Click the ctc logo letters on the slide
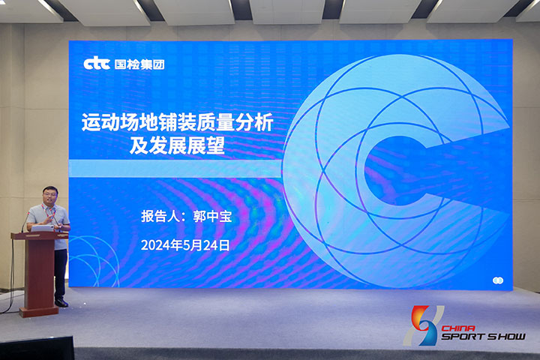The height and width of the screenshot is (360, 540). click(97, 64)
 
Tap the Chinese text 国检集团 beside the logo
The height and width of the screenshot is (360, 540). click(139, 64)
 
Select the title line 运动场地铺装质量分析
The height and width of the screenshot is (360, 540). click(177, 122)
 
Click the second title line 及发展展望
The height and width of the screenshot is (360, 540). click(177, 145)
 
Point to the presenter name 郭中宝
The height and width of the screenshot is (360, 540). click(212, 217)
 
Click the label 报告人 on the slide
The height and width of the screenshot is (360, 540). click(160, 216)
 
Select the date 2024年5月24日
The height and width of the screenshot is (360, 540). click(185, 245)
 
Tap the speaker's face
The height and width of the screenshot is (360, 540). click(50, 196)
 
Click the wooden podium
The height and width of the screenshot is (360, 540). click(39, 273)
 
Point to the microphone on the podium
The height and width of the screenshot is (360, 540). click(25, 222)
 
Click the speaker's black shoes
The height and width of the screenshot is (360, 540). click(61, 303)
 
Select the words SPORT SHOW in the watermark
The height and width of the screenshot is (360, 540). click(484, 337)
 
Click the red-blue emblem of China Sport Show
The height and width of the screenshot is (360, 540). click(424, 325)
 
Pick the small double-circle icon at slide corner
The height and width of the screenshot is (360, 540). click(498, 280)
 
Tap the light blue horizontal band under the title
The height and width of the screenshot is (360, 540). click(175, 169)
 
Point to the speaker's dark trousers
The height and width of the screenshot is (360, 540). click(60, 274)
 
